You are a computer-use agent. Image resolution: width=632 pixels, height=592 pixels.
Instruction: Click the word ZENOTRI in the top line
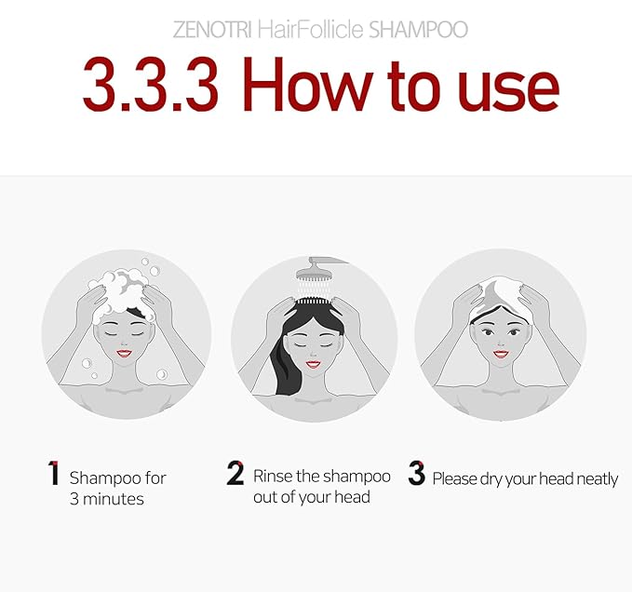click(207, 31)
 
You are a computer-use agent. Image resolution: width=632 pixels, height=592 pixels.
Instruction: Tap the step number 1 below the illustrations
click(53, 474)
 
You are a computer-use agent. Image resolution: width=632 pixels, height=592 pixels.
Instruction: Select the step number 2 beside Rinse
click(235, 474)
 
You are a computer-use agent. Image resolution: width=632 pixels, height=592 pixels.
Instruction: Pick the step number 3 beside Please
click(416, 475)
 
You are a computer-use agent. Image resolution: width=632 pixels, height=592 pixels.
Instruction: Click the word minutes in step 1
click(118, 499)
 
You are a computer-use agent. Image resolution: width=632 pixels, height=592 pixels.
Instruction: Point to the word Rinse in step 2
click(274, 477)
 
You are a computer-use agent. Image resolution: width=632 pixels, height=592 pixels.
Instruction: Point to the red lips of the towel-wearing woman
click(501, 354)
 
